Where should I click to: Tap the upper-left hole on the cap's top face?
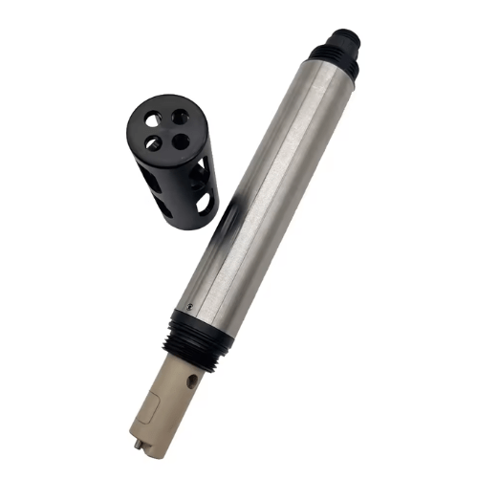pos(152,119)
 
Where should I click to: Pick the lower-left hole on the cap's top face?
pos(153,143)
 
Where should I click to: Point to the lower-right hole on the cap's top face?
pos(180,141)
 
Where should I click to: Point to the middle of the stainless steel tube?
pos(263,186)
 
